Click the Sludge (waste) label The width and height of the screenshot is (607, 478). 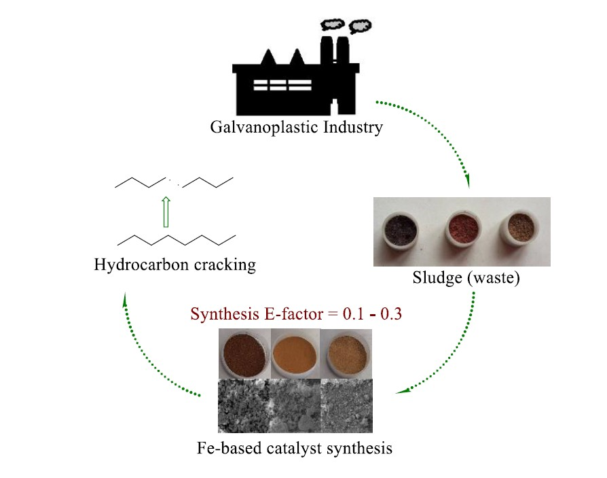466,278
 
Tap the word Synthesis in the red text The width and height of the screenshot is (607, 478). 221,315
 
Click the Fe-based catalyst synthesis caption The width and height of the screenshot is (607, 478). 294,448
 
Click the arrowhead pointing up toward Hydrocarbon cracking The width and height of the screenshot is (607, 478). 126,299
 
